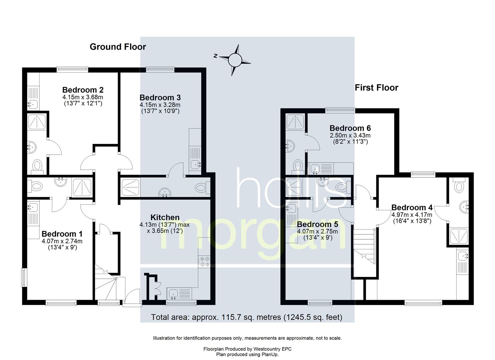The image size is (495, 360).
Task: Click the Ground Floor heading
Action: [118, 47]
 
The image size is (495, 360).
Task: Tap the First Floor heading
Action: [376, 88]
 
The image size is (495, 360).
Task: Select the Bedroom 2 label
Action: [83, 90]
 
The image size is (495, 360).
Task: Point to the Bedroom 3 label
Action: [160, 97]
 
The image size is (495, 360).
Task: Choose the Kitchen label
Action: [165, 217]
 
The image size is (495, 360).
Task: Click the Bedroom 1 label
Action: [62, 234]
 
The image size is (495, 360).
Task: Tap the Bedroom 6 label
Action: [350, 128]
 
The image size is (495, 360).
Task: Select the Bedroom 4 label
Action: [412, 208]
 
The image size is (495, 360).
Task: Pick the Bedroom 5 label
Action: [317, 224]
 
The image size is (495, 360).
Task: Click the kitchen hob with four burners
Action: [204, 261]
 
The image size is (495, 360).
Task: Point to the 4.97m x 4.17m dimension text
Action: [412, 214]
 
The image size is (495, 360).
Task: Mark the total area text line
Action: [247, 317]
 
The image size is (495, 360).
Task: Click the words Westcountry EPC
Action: [272, 349]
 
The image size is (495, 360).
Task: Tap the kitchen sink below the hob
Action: [179, 294]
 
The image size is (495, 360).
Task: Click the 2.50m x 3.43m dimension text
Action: [350, 135]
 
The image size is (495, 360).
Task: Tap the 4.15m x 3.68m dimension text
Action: [83, 97]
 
